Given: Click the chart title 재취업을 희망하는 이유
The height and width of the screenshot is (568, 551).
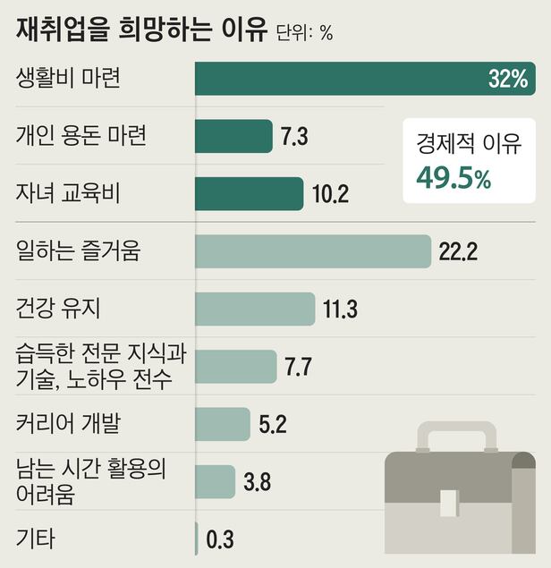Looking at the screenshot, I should tap(141, 30).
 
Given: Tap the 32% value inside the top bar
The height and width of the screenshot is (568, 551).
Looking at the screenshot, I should tap(508, 79).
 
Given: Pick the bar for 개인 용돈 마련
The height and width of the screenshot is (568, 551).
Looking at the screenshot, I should tap(233, 136).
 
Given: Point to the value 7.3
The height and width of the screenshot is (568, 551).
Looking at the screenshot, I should tap(294, 137).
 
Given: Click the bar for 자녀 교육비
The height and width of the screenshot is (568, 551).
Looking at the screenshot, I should tap(249, 193).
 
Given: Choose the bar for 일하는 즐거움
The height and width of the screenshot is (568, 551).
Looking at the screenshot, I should tap(312, 251).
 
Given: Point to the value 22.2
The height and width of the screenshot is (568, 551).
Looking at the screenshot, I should tap(458, 252).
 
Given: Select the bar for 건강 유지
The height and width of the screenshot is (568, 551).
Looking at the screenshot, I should tap(255, 309).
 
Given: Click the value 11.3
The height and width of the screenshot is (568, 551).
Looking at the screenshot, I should tap(339, 309).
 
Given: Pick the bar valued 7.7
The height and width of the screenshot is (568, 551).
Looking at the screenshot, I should tap(235, 367).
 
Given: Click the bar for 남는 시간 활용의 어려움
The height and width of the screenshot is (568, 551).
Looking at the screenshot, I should tap(215, 481).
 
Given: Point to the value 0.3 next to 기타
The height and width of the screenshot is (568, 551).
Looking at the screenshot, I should tap(220, 539).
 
